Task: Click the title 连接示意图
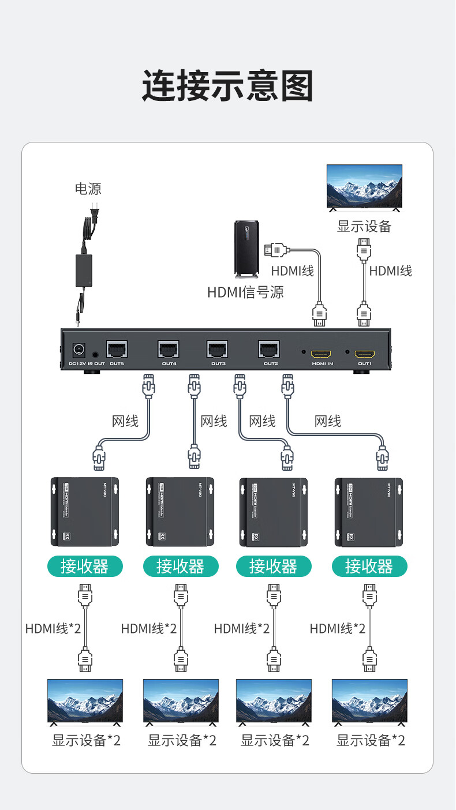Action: click(x=227, y=87)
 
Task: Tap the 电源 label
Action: click(x=88, y=189)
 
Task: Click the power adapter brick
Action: click(x=84, y=271)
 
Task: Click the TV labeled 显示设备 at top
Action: click(x=364, y=186)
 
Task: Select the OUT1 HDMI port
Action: click(x=364, y=354)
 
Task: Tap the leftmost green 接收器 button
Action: click(x=85, y=566)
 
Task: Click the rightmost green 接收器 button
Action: click(x=369, y=566)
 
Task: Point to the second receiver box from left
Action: click(x=180, y=512)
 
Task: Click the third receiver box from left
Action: click(x=273, y=512)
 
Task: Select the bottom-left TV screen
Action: click(x=85, y=700)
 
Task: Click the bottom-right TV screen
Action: click(x=369, y=700)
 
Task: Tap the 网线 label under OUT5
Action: click(x=125, y=421)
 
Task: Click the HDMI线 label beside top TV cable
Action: click(x=390, y=271)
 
